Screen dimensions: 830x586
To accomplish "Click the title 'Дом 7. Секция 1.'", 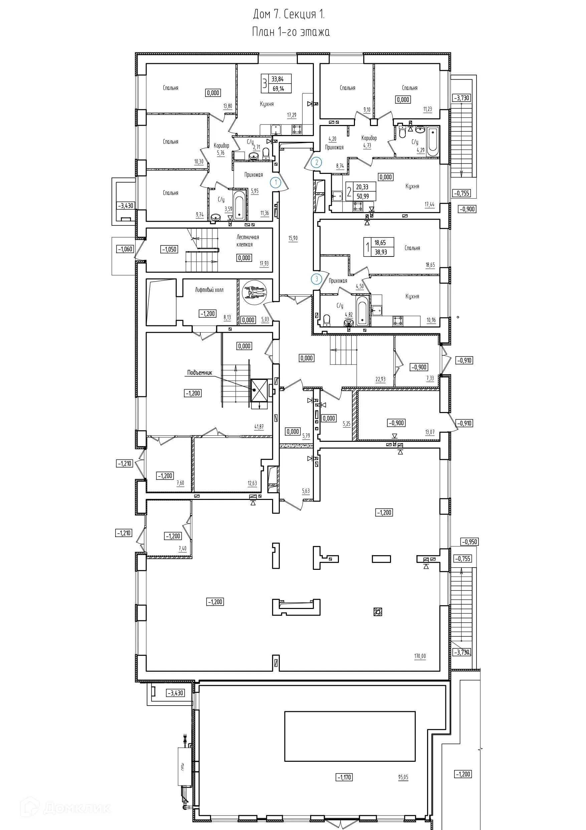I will pyautogui.click(x=289, y=14).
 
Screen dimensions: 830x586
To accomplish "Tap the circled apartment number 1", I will pyautogui.click(x=276, y=183).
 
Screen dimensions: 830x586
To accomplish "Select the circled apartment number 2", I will pyautogui.click(x=317, y=162).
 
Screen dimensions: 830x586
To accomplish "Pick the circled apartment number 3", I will pyautogui.click(x=317, y=279).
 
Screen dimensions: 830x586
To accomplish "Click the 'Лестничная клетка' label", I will pyautogui.click(x=247, y=241).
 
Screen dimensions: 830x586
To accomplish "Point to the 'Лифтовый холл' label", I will pyautogui.click(x=209, y=290).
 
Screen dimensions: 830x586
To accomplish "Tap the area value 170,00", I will pyautogui.click(x=420, y=656).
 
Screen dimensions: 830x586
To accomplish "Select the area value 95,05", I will pyautogui.click(x=403, y=777).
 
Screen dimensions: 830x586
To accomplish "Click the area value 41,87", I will pyautogui.click(x=259, y=427).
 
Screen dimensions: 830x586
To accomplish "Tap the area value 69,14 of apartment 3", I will pyautogui.click(x=278, y=88).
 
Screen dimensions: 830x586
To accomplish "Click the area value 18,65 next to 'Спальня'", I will pyautogui.click(x=430, y=265).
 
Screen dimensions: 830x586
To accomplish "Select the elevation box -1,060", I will pyautogui.click(x=125, y=249).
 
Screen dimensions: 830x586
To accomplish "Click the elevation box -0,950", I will pyautogui.click(x=469, y=541).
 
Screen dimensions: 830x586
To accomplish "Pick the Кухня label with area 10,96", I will pyautogui.click(x=412, y=296).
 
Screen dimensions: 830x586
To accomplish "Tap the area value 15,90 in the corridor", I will pyautogui.click(x=293, y=238).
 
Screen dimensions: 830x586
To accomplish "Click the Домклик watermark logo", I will pyautogui.click(x=65, y=809).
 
